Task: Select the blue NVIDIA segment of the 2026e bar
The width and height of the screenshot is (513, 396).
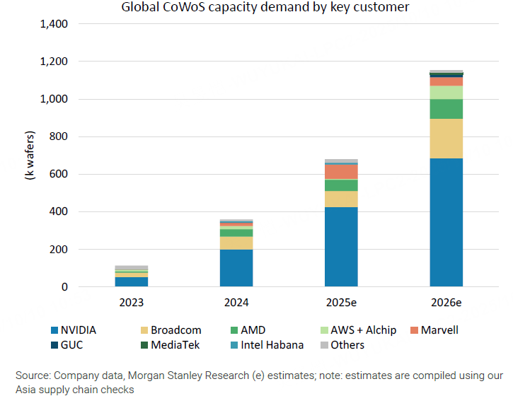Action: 446,222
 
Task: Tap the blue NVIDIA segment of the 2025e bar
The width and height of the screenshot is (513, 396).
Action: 341,247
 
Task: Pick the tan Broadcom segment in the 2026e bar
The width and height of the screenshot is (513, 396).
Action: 446,139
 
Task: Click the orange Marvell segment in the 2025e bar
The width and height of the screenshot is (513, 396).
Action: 341,172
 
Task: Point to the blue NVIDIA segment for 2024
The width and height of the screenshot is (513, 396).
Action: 236,268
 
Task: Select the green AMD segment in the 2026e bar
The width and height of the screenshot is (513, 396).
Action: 446,109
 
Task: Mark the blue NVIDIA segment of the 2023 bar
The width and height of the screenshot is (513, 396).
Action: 131,281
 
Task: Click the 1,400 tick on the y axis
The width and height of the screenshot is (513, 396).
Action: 54,25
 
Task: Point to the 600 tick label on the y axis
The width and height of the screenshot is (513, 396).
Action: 58,175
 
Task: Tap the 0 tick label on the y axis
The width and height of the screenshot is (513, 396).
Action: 64,287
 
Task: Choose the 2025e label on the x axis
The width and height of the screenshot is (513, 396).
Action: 341,303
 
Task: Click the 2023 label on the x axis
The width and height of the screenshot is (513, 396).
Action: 131,303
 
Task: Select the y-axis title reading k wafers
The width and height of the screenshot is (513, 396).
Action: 30,155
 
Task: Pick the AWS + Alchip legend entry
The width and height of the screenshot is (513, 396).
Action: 362,330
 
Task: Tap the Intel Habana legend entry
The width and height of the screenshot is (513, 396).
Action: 271,345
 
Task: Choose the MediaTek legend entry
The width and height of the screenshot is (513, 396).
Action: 174,345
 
